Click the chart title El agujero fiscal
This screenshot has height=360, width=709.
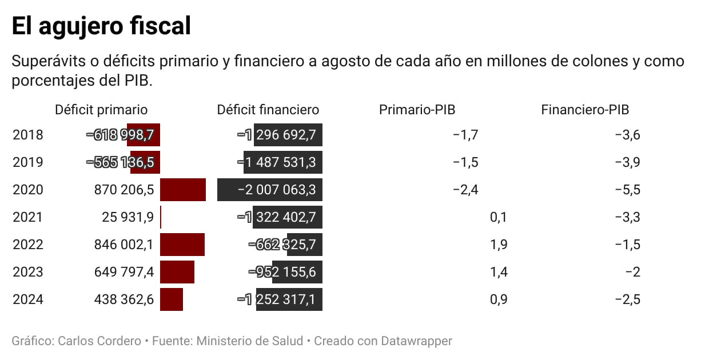pyautogui.click(x=101, y=26)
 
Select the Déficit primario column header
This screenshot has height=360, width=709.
pyautogui.click(x=101, y=110)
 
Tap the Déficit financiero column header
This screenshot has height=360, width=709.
pyautogui.click(x=268, y=110)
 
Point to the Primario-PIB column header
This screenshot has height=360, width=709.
pyautogui.click(x=417, y=110)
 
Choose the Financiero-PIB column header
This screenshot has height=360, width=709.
pyautogui.click(x=585, y=110)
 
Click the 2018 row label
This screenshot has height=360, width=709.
pyautogui.click(x=28, y=135)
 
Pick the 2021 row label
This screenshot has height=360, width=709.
pyautogui.click(x=28, y=217)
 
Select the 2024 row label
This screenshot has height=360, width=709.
pyautogui.click(x=28, y=299)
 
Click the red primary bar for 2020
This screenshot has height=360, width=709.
pyautogui.click(x=183, y=190)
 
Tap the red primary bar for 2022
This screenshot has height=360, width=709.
pyautogui.click(x=182, y=245)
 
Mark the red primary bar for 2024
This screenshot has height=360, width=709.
pyautogui.click(x=172, y=299)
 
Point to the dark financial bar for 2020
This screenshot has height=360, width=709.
pyautogui.click(x=270, y=190)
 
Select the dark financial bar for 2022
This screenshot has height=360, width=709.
pyautogui.click(x=305, y=245)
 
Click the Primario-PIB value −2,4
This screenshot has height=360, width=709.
pyautogui.click(x=465, y=190)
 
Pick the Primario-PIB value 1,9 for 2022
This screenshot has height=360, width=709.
pyautogui.click(x=499, y=245)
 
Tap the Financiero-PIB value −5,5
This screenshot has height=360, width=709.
pyautogui.click(x=627, y=190)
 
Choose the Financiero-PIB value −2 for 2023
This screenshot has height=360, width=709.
pyautogui.click(x=632, y=272)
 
